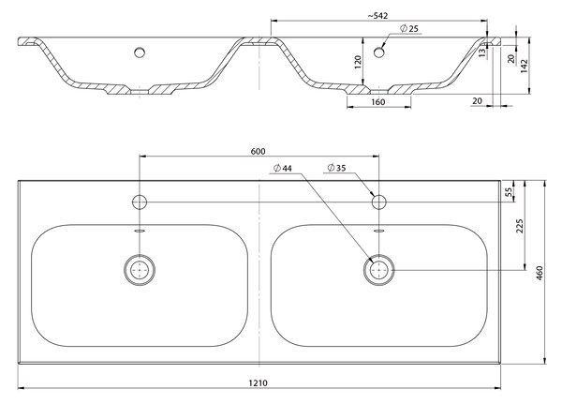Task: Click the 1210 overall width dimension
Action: click(259, 382)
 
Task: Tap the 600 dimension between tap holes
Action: click(259, 152)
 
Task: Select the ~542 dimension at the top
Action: click(377, 16)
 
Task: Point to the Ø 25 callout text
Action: click(409, 29)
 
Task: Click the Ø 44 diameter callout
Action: click(283, 168)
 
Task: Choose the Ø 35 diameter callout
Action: click(336, 168)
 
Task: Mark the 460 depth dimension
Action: click(540, 273)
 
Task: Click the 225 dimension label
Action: click(520, 226)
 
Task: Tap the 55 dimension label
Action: click(509, 192)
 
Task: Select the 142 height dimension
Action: click(524, 67)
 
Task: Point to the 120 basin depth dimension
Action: click(358, 62)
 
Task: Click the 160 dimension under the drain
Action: click(377, 102)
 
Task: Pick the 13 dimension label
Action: click(482, 52)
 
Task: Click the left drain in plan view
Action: click(140, 270)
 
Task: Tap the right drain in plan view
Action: click(378, 270)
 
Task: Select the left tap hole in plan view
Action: click(140, 202)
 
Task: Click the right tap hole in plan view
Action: click(378, 202)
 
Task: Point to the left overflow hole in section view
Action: click(140, 52)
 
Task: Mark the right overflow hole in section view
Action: click(378, 52)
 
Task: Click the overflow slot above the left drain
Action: click(140, 231)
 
